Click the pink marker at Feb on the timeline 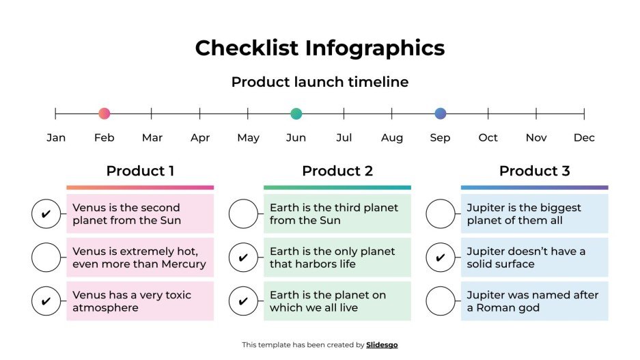click(x=104, y=114)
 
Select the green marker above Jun click(x=296, y=114)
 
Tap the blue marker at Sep click(x=441, y=114)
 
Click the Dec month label click(x=584, y=138)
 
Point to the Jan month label click(x=56, y=138)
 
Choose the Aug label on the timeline click(x=392, y=138)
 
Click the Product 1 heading click(x=140, y=171)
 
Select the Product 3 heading click(x=534, y=171)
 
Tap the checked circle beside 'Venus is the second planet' click(x=46, y=214)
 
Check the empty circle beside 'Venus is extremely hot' click(x=46, y=258)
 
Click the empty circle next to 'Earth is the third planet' click(x=243, y=214)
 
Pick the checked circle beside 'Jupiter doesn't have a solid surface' click(x=441, y=258)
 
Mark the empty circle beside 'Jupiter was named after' click(x=441, y=301)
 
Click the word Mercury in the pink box click(x=182, y=264)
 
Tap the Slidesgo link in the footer click(x=382, y=345)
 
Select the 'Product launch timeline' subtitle click(x=320, y=82)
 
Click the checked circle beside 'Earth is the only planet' click(x=243, y=258)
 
